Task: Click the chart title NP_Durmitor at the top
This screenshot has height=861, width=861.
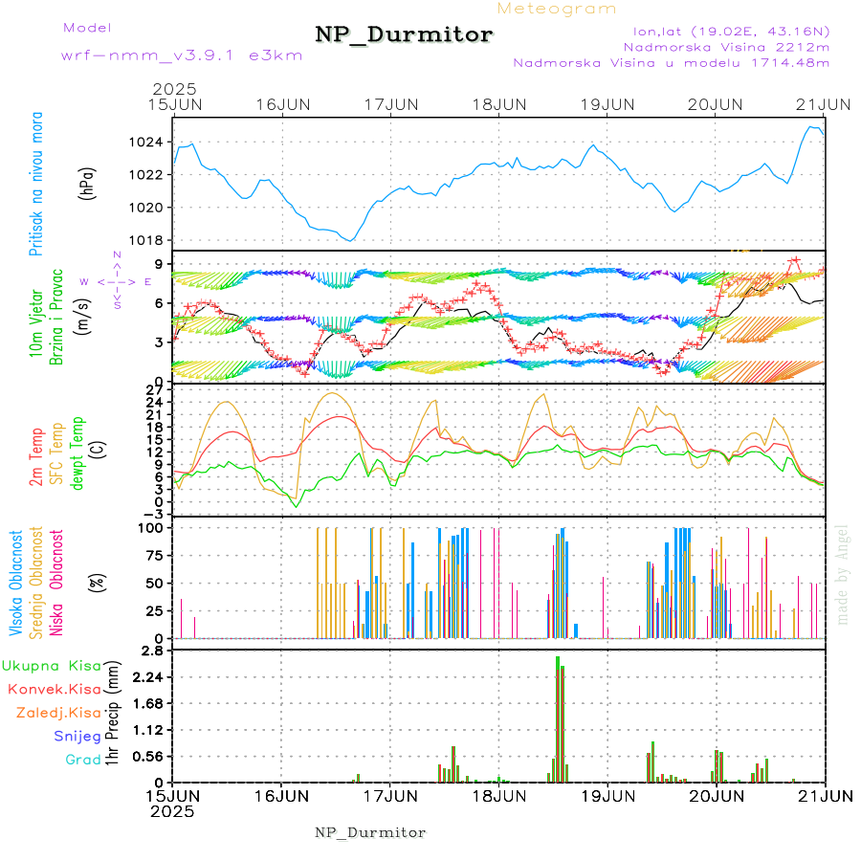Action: tap(404, 35)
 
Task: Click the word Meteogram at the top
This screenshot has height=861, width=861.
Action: tap(557, 9)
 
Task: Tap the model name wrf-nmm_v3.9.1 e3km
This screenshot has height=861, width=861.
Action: tap(182, 55)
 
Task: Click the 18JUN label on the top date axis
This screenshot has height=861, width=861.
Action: tap(499, 103)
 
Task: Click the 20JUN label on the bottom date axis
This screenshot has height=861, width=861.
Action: tap(717, 796)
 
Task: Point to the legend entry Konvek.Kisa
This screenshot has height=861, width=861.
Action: tap(54, 689)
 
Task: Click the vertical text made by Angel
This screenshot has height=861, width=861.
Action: tap(843, 574)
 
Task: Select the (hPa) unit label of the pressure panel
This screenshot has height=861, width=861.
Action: tap(87, 179)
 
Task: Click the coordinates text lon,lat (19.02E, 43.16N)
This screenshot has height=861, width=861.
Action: tap(724, 31)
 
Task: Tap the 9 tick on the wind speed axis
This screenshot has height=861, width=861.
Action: tap(157, 264)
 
